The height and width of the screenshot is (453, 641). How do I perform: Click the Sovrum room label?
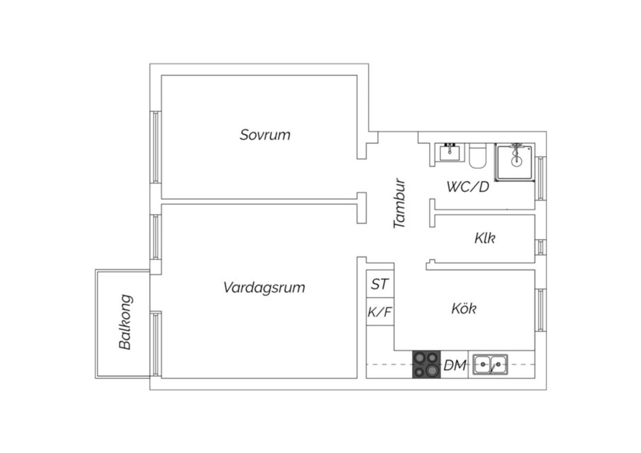[265, 135]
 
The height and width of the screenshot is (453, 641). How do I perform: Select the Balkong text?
[125, 322]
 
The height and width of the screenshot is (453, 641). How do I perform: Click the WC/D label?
[468, 187]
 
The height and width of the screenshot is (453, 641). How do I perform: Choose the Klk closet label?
[485, 238]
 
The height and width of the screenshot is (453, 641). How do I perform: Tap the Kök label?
[464, 309]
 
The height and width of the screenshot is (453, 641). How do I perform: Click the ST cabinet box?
[380, 284]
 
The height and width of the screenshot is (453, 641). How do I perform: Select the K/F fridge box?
[380, 312]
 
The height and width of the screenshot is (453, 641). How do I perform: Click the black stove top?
[426, 364]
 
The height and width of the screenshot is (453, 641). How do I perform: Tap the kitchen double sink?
[490, 364]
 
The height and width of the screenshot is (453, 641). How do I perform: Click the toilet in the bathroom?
[478, 156]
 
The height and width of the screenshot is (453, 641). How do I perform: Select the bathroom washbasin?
[450, 152]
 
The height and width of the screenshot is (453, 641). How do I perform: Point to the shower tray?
[515, 162]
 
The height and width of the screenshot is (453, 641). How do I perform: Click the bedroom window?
[156, 147]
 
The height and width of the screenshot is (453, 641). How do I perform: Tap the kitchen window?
[541, 311]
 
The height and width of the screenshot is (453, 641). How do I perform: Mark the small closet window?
[541, 247]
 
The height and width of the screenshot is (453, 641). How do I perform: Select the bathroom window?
[541, 179]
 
